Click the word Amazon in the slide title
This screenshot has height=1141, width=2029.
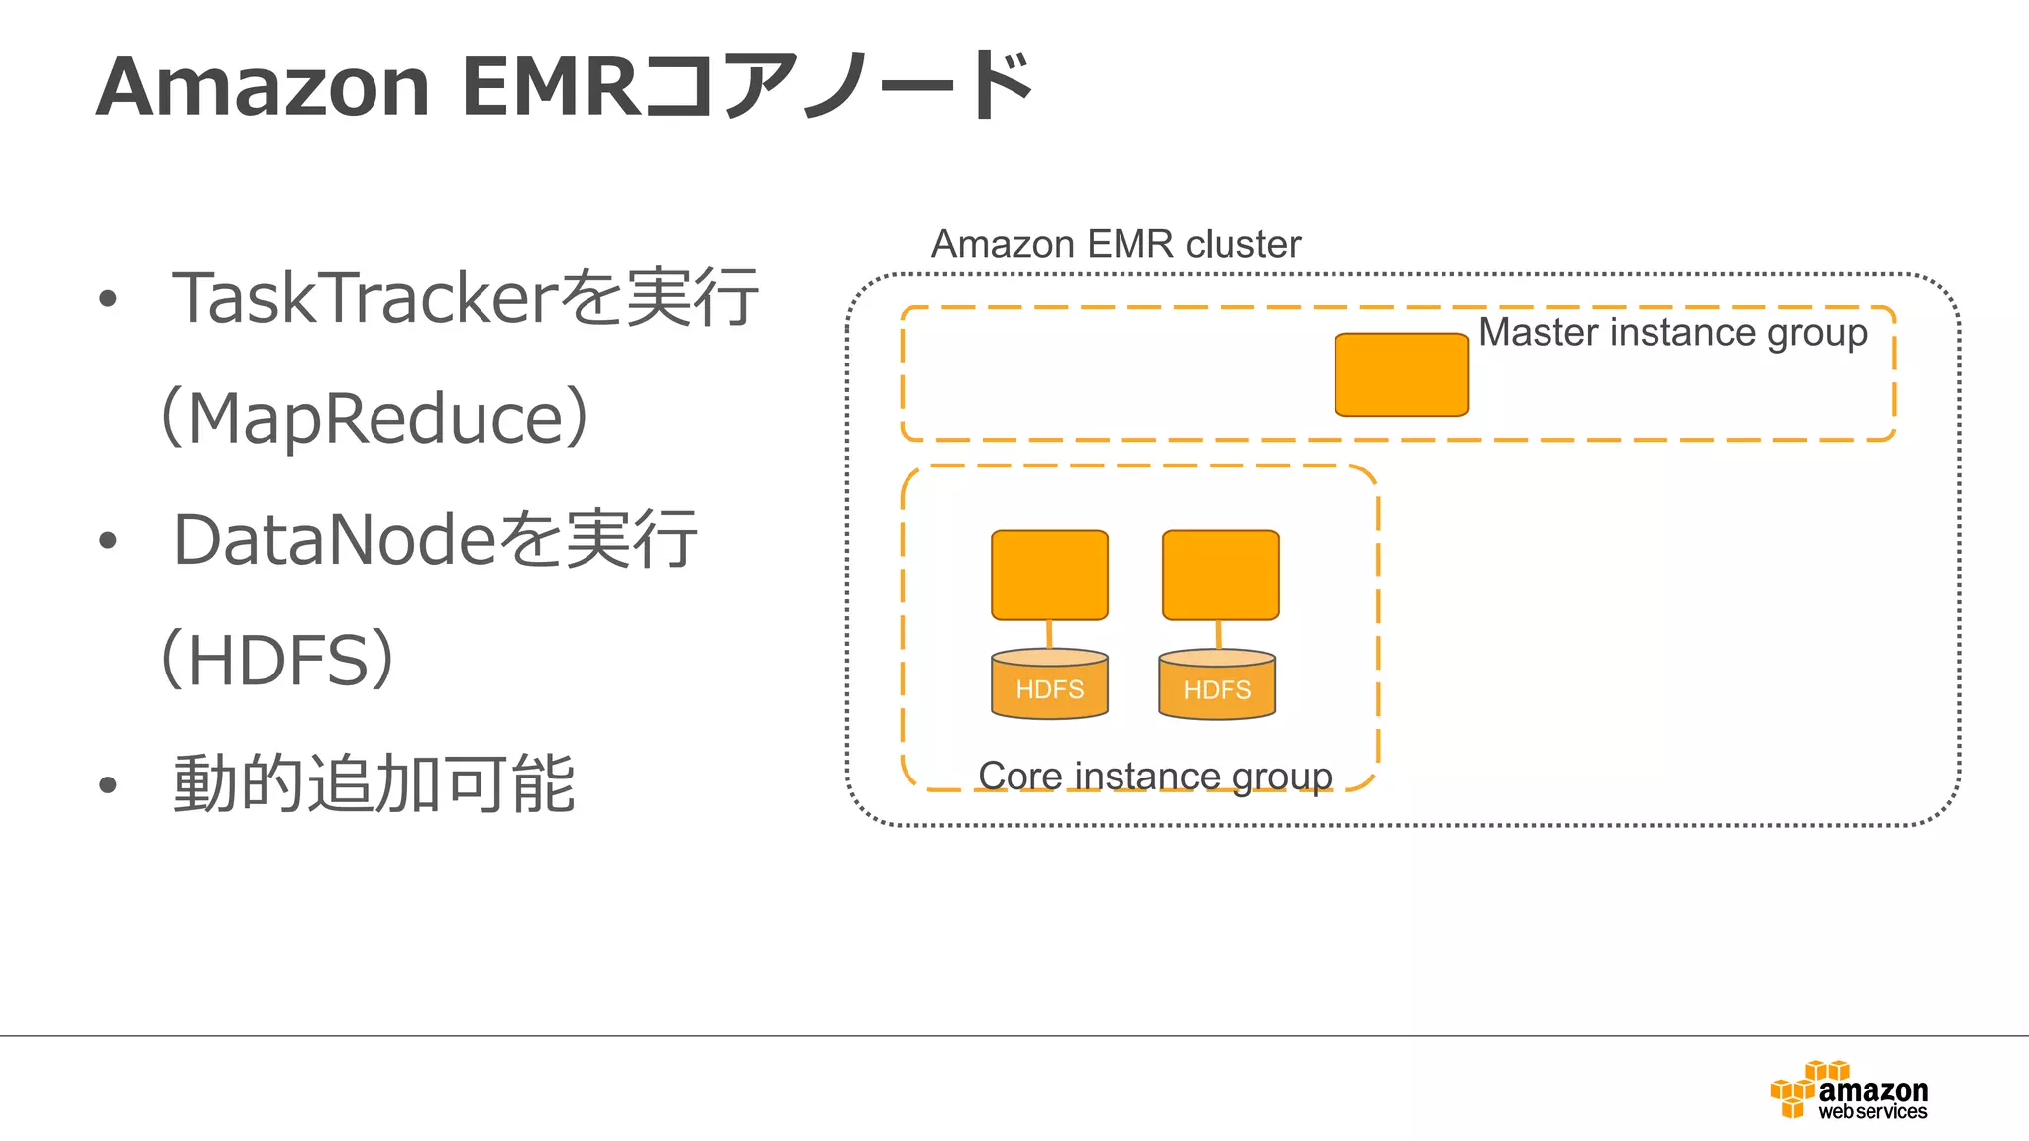click(x=264, y=87)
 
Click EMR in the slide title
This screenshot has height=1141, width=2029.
click(x=552, y=87)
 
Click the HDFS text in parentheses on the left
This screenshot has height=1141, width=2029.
click(x=277, y=661)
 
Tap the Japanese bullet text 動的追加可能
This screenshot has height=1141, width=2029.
click(x=374, y=783)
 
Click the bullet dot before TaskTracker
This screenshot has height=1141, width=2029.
click(x=108, y=299)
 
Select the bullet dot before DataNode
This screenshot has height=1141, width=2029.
click(x=108, y=542)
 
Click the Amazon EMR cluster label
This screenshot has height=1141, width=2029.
click(x=1116, y=244)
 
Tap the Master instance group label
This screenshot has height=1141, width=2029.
click(x=1672, y=332)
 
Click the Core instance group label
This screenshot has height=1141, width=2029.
click(x=1154, y=776)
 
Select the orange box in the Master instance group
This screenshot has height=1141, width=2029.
click(x=1401, y=374)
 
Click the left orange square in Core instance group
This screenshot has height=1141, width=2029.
click(x=1049, y=574)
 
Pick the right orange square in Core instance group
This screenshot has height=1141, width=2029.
click(x=1221, y=574)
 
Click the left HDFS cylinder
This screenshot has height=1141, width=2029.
click(x=1049, y=684)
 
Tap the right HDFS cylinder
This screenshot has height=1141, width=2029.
click(x=1217, y=684)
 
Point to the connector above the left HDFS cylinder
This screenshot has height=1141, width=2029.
click(x=1049, y=634)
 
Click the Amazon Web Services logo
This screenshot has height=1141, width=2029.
click(x=1849, y=1090)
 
